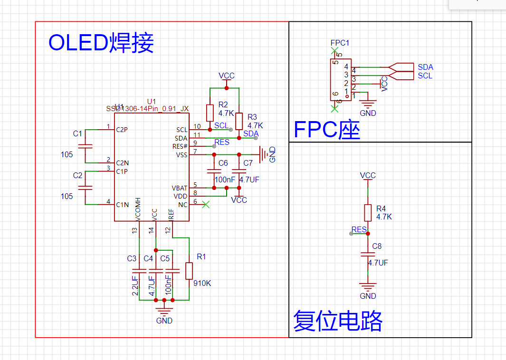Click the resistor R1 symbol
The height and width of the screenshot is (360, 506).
[189, 271]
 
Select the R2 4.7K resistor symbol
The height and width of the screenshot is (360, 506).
[210, 113]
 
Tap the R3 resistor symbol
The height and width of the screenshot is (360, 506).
[239, 121]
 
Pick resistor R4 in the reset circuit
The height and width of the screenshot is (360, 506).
[368, 212]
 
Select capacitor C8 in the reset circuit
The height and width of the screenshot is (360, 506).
[368, 255]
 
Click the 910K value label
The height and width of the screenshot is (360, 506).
[202, 283]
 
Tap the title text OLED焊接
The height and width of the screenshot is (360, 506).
[101, 43]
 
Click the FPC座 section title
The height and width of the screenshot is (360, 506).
[327, 130]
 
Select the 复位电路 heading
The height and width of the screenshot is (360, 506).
[338, 321]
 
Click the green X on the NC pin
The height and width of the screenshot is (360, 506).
[206, 205]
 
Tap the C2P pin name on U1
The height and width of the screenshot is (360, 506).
[122, 129]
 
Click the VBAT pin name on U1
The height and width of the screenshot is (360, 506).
[180, 188]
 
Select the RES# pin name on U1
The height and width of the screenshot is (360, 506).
[180, 146]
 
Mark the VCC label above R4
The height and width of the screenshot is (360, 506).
[368, 175]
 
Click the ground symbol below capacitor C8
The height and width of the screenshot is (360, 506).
[368, 286]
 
